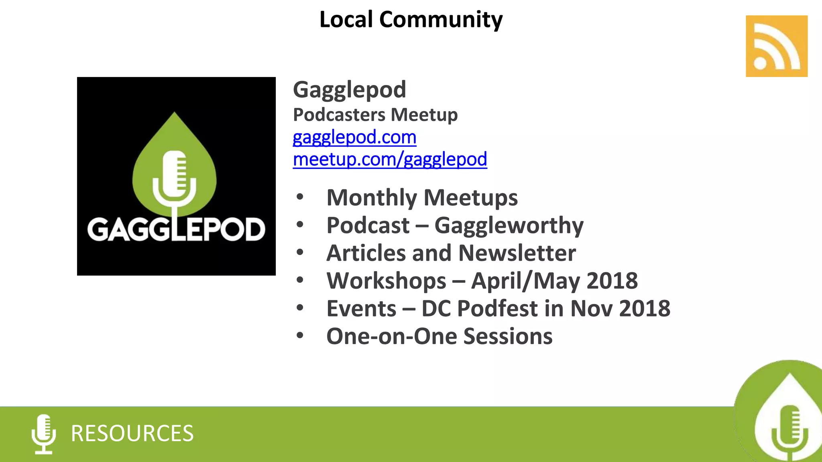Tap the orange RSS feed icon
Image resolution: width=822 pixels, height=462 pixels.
pyautogui.click(x=776, y=46)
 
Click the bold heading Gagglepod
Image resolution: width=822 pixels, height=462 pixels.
pyautogui.click(x=349, y=89)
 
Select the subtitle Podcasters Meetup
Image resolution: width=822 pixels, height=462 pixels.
pyautogui.click(x=375, y=115)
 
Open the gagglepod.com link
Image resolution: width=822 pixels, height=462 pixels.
pyautogui.click(x=354, y=137)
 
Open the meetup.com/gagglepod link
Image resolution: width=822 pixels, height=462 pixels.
pyautogui.click(x=390, y=159)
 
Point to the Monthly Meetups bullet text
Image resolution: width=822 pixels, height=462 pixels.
pyautogui.click(x=422, y=198)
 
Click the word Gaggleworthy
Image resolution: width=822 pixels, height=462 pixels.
pyautogui.click(x=509, y=225)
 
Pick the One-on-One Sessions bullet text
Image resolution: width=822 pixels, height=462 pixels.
pyautogui.click(x=439, y=336)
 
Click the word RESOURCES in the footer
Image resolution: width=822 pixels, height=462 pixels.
pyautogui.click(x=132, y=434)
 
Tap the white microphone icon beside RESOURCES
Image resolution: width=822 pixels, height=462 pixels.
pyautogui.click(x=44, y=434)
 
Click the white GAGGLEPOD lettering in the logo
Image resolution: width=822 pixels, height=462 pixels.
pyautogui.click(x=176, y=230)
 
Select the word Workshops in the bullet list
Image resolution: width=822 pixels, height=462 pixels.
pyautogui.click(x=386, y=281)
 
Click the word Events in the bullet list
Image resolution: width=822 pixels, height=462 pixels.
pyautogui.click(x=361, y=308)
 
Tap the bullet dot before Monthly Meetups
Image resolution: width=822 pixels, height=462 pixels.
pyautogui.click(x=300, y=197)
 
